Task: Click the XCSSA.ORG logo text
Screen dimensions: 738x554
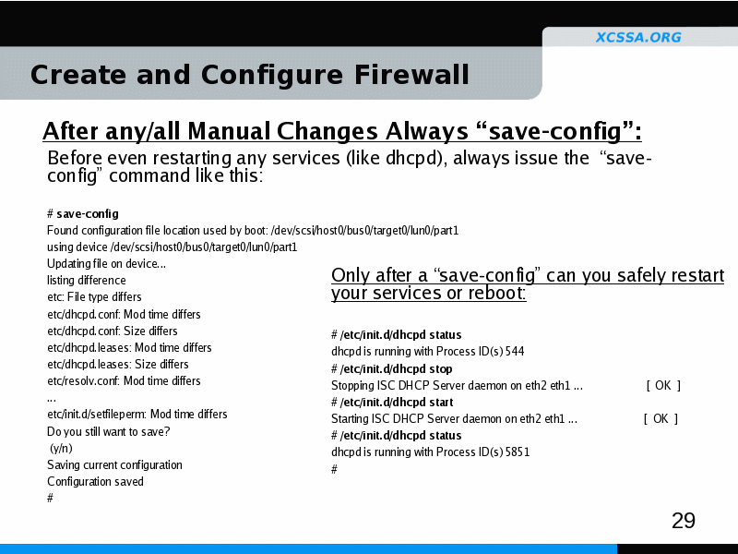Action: click(638, 37)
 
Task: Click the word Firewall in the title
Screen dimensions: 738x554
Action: click(411, 75)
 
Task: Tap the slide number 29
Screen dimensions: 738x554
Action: click(684, 521)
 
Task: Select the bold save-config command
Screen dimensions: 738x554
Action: click(88, 214)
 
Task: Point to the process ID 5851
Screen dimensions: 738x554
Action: click(518, 452)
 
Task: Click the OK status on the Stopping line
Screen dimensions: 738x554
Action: click(663, 385)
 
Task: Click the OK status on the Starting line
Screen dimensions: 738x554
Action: click(661, 419)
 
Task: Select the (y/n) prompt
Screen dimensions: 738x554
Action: click(62, 448)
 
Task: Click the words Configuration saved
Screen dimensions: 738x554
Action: click(96, 481)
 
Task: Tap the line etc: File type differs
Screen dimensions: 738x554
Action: click(94, 296)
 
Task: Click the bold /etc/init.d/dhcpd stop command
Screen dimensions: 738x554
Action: click(396, 368)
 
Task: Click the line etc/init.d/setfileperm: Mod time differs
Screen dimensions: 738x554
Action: click(137, 414)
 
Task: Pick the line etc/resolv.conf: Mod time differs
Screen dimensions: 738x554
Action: click(124, 380)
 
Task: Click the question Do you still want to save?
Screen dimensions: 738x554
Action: click(108, 431)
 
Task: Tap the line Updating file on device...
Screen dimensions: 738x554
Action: click(106, 264)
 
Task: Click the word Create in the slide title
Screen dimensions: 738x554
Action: click(78, 75)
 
